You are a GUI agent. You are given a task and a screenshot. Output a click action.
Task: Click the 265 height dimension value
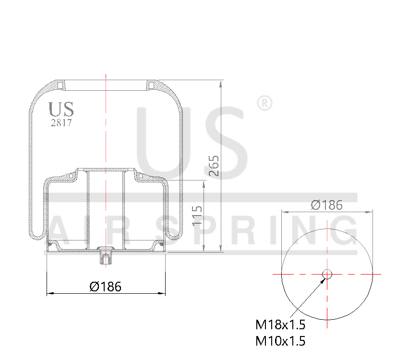[214, 166]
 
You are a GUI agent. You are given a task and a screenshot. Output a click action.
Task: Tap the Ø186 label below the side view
[106, 287]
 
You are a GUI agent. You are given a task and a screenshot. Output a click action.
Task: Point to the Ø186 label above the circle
[327, 205]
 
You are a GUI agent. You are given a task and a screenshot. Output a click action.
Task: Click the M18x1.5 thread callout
[280, 325]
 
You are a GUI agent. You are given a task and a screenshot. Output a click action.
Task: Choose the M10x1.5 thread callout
[280, 341]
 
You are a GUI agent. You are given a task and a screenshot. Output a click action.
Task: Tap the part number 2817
[61, 122]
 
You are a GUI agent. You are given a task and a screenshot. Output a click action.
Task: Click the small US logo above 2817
[61, 109]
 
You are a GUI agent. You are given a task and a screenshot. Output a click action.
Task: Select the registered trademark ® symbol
[264, 103]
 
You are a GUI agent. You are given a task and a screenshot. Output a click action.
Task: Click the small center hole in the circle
[327, 274]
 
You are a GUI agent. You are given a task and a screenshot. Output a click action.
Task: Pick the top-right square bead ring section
[151, 85]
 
